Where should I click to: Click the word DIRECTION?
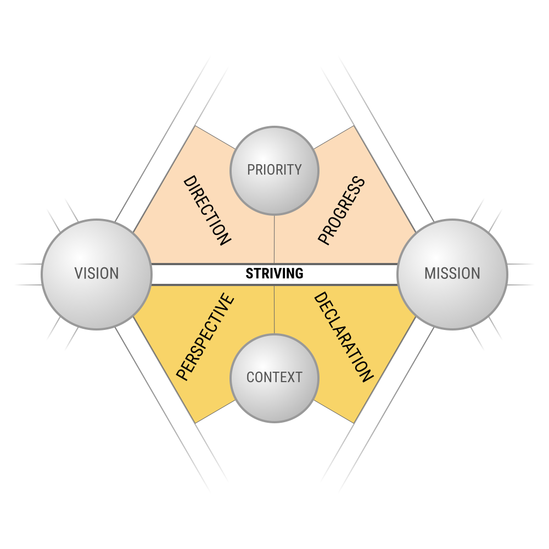pos(207,210)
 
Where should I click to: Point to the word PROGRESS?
pos(341,210)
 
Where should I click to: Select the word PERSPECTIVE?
pos(205,337)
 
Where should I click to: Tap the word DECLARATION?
pos(343,337)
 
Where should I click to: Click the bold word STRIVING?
pos(274,273)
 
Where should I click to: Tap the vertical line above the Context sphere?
pos(274,310)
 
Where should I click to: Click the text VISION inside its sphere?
pos(97,273)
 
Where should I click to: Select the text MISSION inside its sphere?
pos(452,273)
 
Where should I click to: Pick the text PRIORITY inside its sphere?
pos(274,170)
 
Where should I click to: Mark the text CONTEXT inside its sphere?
pos(274,378)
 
